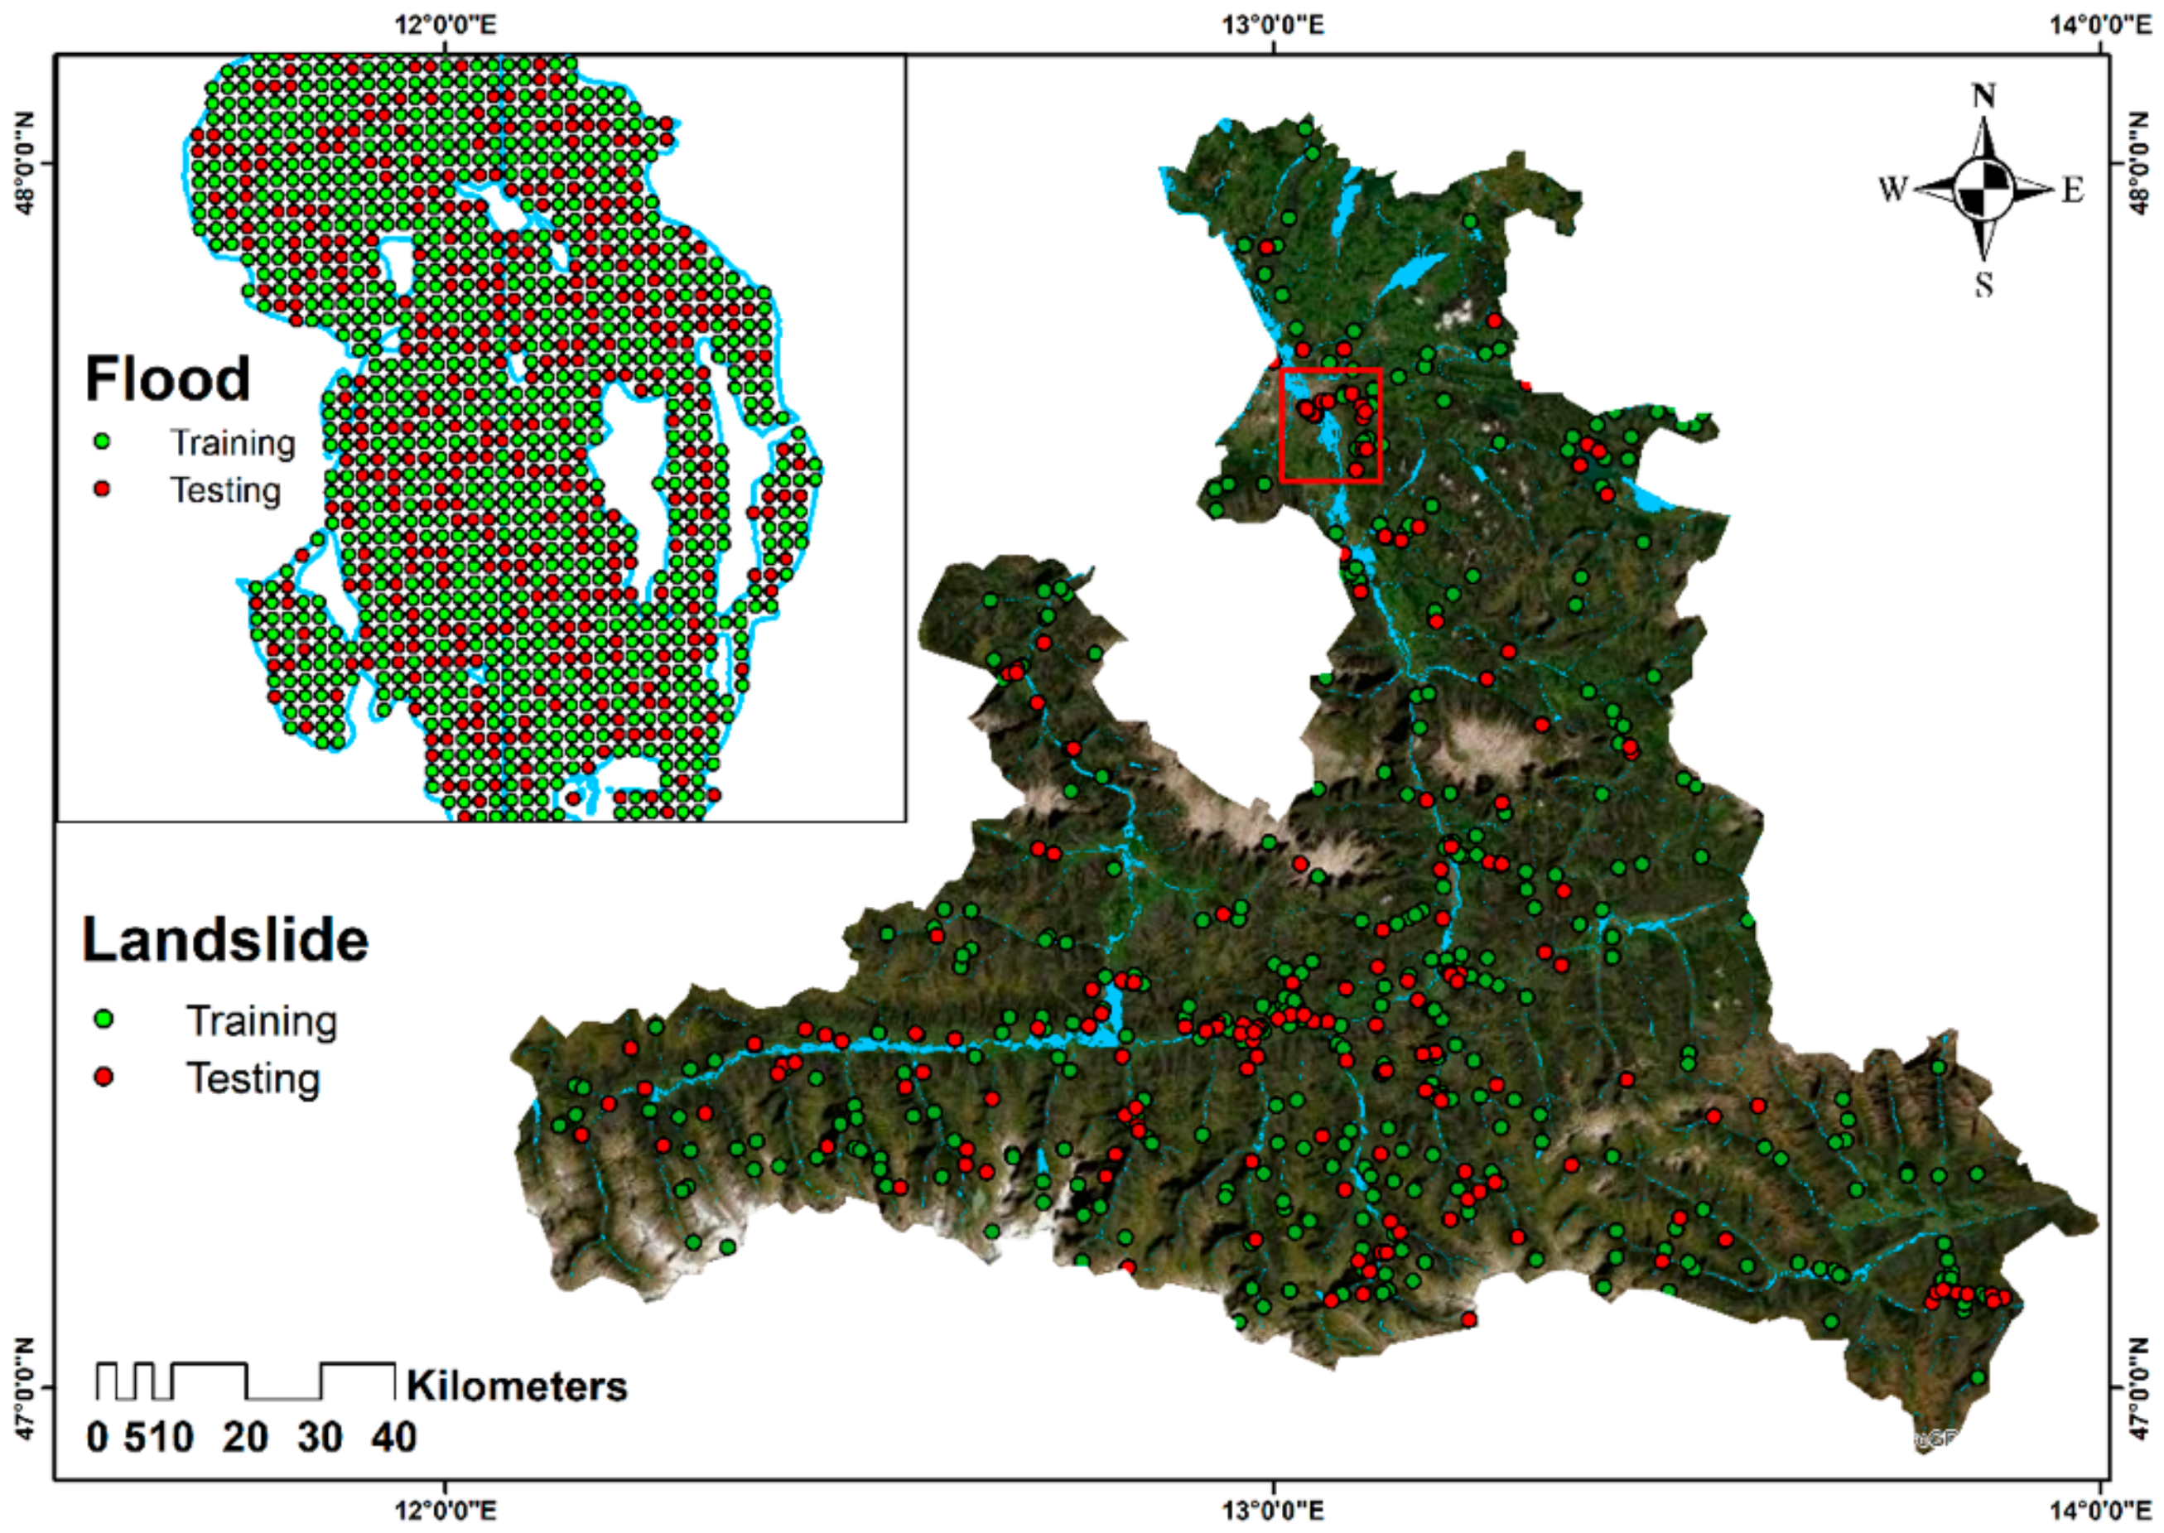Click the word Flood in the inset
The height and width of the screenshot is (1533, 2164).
(x=167, y=378)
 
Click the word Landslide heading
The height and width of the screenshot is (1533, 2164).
(x=224, y=940)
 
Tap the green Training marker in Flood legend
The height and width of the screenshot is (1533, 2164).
(x=102, y=441)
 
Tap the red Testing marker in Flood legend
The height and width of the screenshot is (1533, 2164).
(x=102, y=489)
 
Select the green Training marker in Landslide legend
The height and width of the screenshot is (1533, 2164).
(x=104, y=1020)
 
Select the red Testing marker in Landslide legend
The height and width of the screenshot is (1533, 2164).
(x=104, y=1076)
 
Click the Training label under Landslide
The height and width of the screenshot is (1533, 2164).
(x=262, y=1020)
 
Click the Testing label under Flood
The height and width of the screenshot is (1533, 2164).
(x=225, y=490)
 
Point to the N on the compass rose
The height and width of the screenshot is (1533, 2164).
(x=1983, y=96)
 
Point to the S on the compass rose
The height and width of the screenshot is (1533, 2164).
(x=1983, y=283)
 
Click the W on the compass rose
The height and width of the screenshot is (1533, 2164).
(x=1892, y=190)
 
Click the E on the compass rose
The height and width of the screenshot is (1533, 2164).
(x=2071, y=190)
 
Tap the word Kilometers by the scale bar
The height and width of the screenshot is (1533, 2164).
(x=516, y=1386)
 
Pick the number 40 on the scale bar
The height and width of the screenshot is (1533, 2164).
(x=393, y=1438)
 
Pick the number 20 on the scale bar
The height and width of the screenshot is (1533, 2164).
(x=245, y=1438)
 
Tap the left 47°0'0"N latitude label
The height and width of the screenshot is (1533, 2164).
(x=23, y=1387)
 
